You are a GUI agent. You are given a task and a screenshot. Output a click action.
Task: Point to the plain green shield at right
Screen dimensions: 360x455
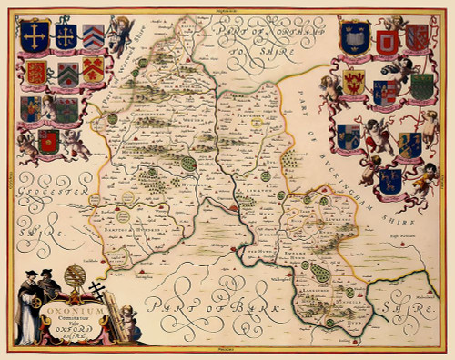coord(420,86)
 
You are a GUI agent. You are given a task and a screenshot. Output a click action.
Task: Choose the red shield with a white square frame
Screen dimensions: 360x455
coord(388,42)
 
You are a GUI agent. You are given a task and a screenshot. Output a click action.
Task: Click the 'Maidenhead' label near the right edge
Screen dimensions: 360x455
coord(423,296)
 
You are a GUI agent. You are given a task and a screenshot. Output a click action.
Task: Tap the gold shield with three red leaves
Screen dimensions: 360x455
coord(94,69)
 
